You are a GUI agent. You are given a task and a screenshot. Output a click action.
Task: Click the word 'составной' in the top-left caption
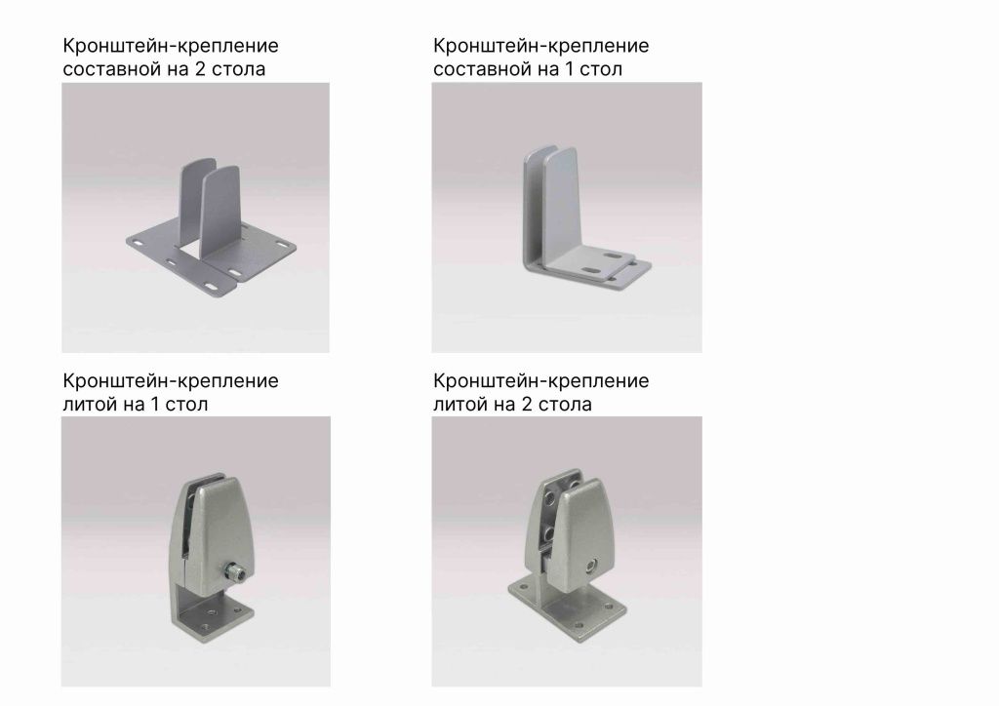[104, 69]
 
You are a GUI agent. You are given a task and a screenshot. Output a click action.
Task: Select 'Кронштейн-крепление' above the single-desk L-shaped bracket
[540, 46]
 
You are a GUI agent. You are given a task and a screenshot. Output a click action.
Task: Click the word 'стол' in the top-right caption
[602, 69]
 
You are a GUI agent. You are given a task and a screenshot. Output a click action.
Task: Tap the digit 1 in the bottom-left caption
[154, 403]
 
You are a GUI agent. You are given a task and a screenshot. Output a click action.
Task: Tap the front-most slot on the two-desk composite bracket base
[213, 287]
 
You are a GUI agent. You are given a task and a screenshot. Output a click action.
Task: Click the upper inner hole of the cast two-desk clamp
[552, 499]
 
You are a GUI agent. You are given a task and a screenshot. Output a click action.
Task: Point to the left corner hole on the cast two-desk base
[518, 587]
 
